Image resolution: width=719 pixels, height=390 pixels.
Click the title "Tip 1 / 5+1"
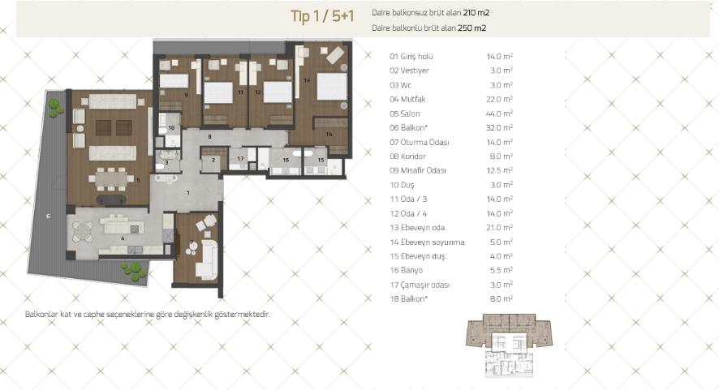pos(322,16)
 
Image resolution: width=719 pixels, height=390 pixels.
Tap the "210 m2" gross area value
pos(476,13)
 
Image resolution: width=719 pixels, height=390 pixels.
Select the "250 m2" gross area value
pos(471,28)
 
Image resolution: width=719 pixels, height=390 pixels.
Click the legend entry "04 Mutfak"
pos(407,99)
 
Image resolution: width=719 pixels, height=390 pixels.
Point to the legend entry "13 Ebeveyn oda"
pos(417,228)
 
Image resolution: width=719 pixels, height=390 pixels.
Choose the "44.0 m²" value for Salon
pos(499,114)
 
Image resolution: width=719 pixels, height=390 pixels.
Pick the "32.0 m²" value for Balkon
pos(499,128)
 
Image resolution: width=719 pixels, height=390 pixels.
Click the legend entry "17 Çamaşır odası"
pos(420,285)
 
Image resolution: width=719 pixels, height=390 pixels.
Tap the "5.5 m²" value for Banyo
pos(502,270)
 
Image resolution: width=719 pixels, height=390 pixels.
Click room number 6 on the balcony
pos(48,216)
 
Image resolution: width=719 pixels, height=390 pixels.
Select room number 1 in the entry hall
pos(188,193)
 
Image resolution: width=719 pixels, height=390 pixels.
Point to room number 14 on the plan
pos(329,135)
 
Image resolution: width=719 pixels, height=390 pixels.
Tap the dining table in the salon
pos(110,178)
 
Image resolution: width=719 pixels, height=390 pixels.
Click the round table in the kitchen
pos(83,232)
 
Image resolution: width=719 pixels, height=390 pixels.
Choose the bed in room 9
pos(174,80)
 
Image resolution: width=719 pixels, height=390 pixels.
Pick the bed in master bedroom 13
pos(332,86)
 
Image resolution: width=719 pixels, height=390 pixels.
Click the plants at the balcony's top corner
pos(55,107)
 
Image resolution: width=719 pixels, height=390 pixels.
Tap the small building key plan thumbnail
pos(509,345)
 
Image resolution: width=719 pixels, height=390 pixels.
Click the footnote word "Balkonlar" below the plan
pos(41,315)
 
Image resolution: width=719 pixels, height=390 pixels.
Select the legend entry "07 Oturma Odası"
pos(420,143)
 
